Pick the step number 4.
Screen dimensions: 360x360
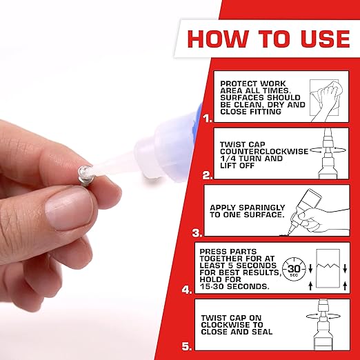pyautogui.click(x=187, y=290)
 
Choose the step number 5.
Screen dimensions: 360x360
pyautogui.click(x=187, y=348)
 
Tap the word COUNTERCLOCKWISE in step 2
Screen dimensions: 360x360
pyautogui.click(x=255, y=151)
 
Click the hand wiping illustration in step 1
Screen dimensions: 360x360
pyautogui.click(x=326, y=95)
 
